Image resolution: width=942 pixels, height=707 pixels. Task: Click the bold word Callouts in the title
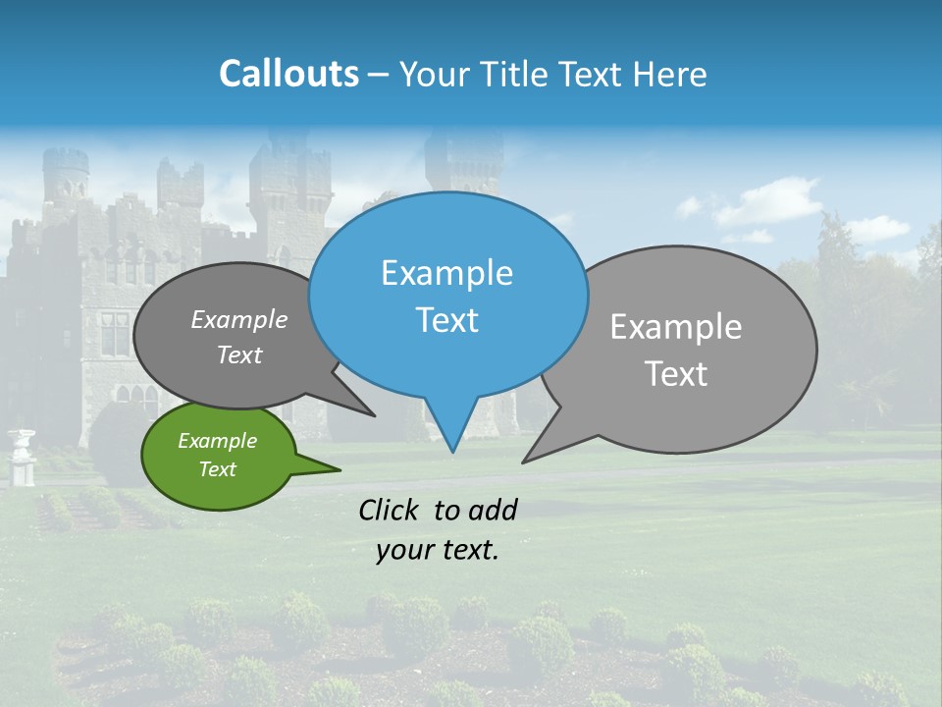[x=288, y=74]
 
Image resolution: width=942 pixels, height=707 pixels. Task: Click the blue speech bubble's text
[x=447, y=297]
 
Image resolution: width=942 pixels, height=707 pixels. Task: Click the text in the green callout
[x=217, y=455]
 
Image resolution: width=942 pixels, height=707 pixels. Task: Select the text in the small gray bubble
[x=239, y=337]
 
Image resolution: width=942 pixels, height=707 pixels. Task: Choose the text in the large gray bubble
[x=676, y=350]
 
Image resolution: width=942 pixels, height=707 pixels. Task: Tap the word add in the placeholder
[x=492, y=510]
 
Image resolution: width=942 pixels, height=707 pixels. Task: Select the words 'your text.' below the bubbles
[x=438, y=550]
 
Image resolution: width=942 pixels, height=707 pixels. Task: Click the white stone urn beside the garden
[x=21, y=455]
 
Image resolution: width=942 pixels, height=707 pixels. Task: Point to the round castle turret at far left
[x=66, y=177]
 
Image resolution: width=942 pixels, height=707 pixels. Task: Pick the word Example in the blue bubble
[x=446, y=273]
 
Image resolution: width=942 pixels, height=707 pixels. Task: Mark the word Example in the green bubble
[x=217, y=441]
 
